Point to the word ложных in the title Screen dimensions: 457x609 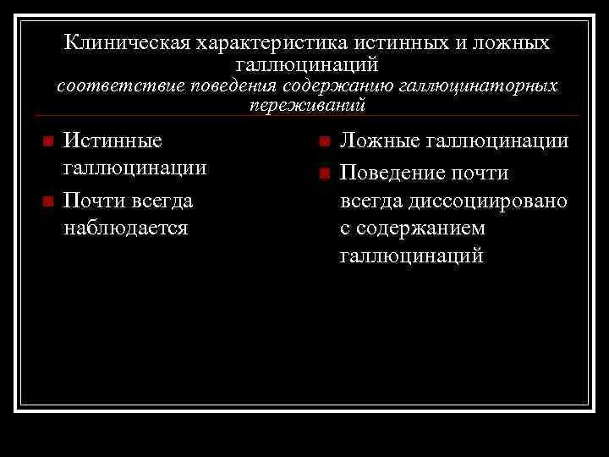[512, 42]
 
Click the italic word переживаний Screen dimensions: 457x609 [307, 106]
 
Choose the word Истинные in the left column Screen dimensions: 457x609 [113, 140]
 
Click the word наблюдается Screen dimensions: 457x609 [125, 228]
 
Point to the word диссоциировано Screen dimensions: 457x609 [490, 201]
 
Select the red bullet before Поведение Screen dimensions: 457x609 [322, 174]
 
